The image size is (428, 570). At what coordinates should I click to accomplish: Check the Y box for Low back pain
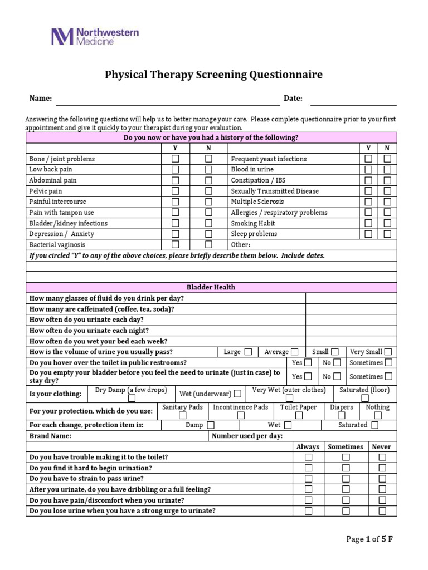click(x=176, y=169)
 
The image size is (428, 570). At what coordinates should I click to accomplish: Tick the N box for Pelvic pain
click(x=208, y=191)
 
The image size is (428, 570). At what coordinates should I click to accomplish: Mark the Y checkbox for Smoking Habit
click(x=368, y=223)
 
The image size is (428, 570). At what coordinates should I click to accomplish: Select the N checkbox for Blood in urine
click(x=387, y=169)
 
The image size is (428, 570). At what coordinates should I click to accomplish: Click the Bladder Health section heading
click(x=211, y=287)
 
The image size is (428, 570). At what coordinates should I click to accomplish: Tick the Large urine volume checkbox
click(x=248, y=352)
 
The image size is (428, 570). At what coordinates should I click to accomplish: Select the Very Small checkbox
click(x=388, y=352)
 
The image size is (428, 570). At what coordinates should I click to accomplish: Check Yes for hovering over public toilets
click(x=308, y=363)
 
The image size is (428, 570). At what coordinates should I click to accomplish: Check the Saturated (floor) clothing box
click(x=365, y=398)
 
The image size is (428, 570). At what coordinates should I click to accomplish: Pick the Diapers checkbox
click(x=342, y=415)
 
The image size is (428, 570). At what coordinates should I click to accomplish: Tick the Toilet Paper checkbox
click(x=299, y=415)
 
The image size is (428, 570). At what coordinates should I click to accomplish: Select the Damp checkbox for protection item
click(x=211, y=425)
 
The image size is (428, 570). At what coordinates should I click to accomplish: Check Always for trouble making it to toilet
click(x=308, y=457)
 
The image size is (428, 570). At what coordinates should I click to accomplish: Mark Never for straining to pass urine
click(x=382, y=479)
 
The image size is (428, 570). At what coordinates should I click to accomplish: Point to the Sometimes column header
click(x=346, y=446)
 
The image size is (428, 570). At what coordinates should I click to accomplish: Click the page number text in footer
click(x=369, y=539)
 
